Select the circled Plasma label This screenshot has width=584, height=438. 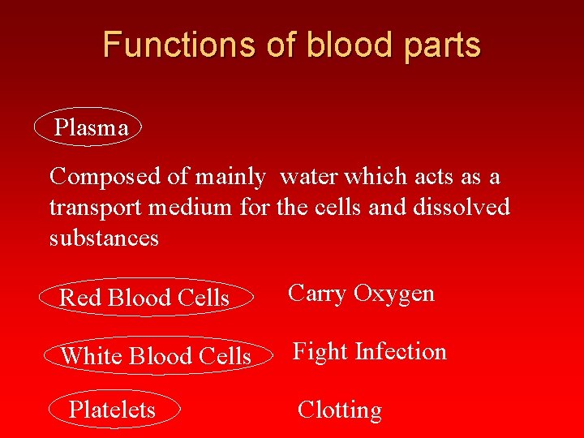(x=90, y=128)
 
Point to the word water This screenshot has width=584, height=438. (x=311, y=176)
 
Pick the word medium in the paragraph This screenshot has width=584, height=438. (x=195, y=208)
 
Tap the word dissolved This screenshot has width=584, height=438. (x=462, y=207)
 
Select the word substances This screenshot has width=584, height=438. (x=104, y=238)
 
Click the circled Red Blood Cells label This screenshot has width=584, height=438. (x=144, y=298)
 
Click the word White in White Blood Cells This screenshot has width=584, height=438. (x=91, y=355)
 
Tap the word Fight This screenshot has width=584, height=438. (x=320, y=351)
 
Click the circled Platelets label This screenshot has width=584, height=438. (x=112, y=410)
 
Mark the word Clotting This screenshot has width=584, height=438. (x=339, y=410)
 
